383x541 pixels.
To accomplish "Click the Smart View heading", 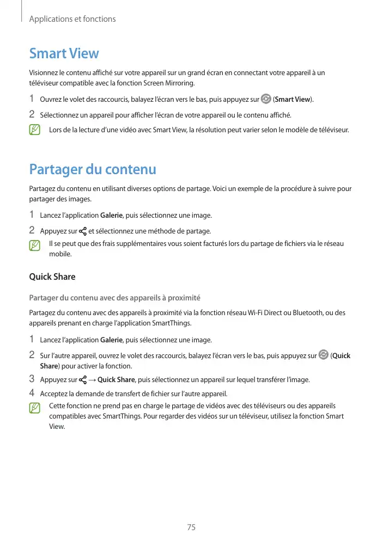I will pos(64,53).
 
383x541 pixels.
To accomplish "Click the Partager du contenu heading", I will pos(92,169).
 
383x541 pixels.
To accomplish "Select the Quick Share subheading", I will pos(52,276).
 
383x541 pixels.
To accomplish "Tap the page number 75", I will pos(191,527).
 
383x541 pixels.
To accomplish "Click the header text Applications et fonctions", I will pos(72,19).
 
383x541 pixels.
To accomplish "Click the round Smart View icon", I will pos(266,99).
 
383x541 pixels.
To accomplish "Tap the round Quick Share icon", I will pos(324,355).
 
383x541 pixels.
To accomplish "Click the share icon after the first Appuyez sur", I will pos(83,231).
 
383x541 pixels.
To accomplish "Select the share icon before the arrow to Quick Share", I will pos(83,379).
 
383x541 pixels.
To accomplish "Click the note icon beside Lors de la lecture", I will pos(35,130).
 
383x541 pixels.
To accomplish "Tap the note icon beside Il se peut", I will pos(35,245).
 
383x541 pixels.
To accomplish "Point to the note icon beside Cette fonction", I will pos(35,407).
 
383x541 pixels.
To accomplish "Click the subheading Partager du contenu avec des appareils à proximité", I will pos(114,298).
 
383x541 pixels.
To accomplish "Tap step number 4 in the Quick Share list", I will pos(32,393).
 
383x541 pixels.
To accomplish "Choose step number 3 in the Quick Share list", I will pos(32,379).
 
